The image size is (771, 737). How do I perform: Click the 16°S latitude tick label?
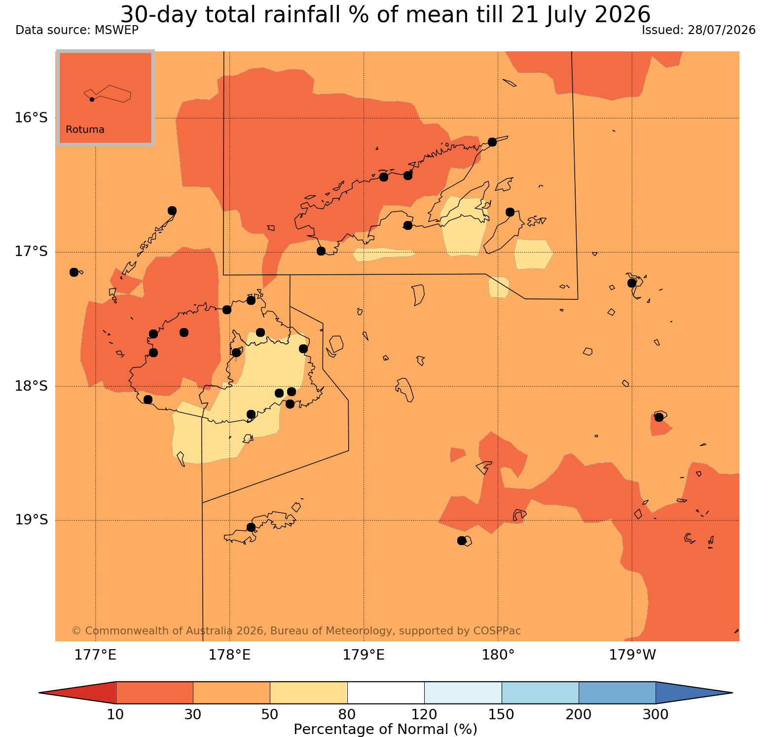tap(31, 118)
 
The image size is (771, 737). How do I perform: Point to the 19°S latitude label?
tap(31, 520)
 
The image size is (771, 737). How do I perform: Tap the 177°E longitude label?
tap(95, 655)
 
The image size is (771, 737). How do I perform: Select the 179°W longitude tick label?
tap(632, 655)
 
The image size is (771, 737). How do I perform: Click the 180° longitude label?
tap(498, 655)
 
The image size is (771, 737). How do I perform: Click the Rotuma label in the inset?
tap(85, 130)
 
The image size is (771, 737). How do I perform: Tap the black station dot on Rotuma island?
tap(92, 99)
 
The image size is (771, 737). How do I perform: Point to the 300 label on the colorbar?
tap(656, 714)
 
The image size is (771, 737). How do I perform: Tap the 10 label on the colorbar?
tap(116, 714)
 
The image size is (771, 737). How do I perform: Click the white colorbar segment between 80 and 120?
tap(386, 693)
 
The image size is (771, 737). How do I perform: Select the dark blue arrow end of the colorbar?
tap(691, 693)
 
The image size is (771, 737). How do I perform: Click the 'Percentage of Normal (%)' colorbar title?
tap(385, 729)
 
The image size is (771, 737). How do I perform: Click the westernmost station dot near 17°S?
tap(74, 272)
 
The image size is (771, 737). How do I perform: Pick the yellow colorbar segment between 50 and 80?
tap(309, 693)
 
